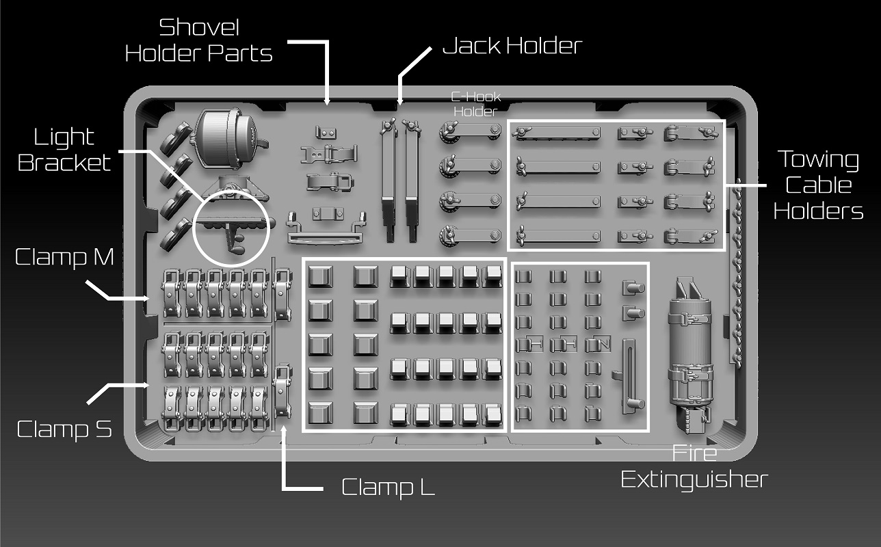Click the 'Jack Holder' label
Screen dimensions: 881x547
tap(512, 46)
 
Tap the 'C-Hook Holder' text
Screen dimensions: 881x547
tap(475, 104)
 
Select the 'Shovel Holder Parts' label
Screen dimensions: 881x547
tap(199, 41)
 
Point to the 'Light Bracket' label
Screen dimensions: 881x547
tap(64, 150)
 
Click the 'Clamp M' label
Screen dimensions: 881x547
tap(64, 257)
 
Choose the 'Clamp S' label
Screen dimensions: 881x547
tap(64, 429)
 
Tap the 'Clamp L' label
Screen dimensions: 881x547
tap(388, 488)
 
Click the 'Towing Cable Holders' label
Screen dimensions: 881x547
tap(819, 185)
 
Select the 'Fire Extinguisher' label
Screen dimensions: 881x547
tap(694, 467)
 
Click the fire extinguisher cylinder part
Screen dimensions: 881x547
tap(691, 355)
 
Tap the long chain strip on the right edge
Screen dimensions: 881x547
tap(736, 273)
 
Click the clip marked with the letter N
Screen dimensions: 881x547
tap(598, 344)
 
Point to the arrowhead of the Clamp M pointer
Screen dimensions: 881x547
tap(146, 299)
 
